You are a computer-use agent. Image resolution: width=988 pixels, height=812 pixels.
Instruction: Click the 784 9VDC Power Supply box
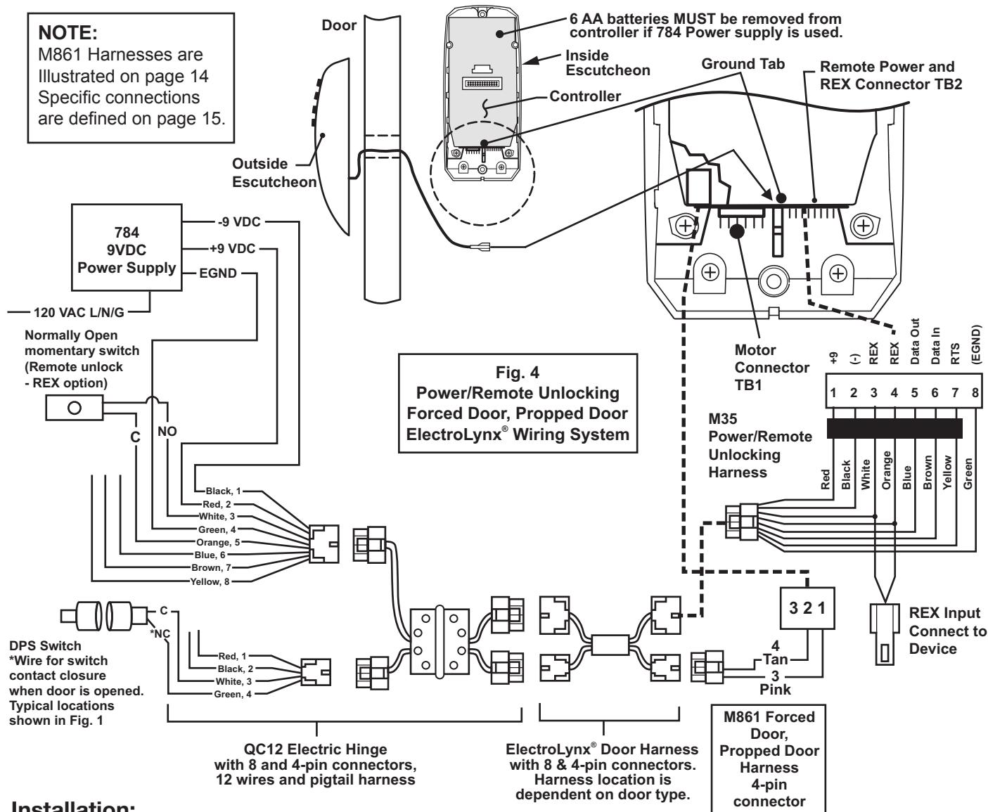click(x=127, y=247)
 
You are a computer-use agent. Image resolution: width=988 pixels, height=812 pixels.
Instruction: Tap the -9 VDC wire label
click(x=239, y=221)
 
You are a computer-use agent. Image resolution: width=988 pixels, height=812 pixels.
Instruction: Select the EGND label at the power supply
click(x=218, y=273)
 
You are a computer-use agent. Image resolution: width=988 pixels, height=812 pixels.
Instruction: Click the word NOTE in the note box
click(x=68, y=33)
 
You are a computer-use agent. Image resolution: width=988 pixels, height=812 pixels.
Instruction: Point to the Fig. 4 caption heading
click(x=518, y=373)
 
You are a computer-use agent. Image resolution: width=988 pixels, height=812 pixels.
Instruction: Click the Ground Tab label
click(x=743, y=64)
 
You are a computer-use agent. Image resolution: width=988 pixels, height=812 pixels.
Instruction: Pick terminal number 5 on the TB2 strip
click(x=914, y=392)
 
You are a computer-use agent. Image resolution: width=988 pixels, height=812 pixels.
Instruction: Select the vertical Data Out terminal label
click(x=915, y=342)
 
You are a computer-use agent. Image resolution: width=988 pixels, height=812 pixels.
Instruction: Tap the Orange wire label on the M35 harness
click(x=886, y=470)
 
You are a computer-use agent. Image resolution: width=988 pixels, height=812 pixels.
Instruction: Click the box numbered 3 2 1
click(x=807, y=608)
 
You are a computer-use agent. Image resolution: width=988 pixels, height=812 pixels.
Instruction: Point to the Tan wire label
click(x=776, y=659)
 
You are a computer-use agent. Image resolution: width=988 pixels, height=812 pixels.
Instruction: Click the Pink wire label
click(x=776, y=689)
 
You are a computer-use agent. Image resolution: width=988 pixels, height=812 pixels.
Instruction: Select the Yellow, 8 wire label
click(x=210, y=581)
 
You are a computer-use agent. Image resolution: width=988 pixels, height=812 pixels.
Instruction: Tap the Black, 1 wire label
click(x=223, y=491)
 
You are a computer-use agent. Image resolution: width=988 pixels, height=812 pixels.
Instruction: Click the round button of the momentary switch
click(x=75, y=408)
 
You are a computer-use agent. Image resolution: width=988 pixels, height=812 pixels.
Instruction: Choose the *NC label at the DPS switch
click(x=160, y=633)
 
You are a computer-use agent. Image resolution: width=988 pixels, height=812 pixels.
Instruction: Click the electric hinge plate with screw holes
click(x=439, y=641)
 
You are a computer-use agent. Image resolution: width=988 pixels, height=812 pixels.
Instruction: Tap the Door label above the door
click(x=339, y=25)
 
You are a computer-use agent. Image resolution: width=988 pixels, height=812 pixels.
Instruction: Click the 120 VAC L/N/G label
click(x=79, y=312)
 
